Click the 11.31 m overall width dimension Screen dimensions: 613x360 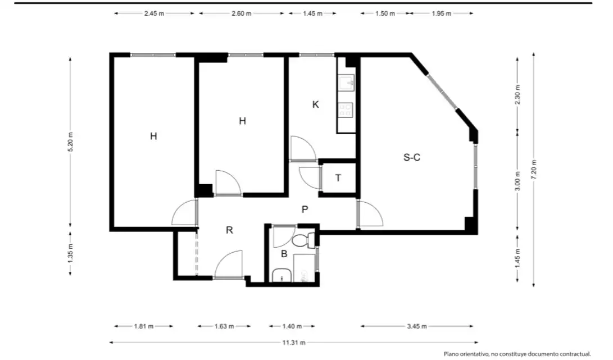pos(294,343)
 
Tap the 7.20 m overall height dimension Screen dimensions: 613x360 pos(534,170)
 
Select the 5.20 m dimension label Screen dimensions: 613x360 pos(70,142)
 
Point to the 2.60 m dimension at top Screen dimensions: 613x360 pos(241,13)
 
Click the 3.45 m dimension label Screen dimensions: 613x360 pos(417,326)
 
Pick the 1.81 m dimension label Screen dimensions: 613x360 pos(144,326)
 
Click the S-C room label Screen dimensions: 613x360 pos(412,157)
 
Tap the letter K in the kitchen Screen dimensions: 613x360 pos(316,104)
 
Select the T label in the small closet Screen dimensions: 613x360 pos(338,178)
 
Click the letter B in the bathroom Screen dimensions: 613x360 pos(284,254)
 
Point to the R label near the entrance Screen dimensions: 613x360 pos(229,230)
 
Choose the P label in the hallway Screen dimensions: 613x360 pos(305,209)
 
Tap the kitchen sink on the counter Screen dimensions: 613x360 pos(346,83)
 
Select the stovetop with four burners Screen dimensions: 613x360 pos(346,110)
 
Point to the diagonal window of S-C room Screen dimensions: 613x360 pos(442,91)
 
